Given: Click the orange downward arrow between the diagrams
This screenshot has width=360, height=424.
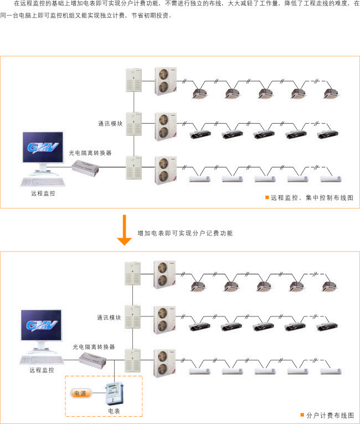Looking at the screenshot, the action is tap(124, 230).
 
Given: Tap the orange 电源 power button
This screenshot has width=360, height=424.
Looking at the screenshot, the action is tap(81, 394).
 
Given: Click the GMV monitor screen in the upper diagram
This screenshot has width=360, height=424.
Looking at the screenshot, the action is tap(43, 147).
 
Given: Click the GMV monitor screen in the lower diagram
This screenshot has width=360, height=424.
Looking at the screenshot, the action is tap(42, 325).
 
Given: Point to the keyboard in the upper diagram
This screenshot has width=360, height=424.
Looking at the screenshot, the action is tap(43, 182).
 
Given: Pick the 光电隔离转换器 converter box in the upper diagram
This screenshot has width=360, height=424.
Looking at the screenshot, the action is tap(85, 168).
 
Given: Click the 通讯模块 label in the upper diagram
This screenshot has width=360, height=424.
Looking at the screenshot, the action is tap(110, 124).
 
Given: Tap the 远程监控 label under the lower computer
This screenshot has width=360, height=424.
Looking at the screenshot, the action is tap(42, 370).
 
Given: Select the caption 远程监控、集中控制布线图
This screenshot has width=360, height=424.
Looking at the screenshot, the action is tap(312, 198).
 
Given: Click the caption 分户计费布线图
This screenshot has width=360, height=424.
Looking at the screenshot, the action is tap(330, 415).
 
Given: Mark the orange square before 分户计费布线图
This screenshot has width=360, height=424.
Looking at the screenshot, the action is tap(302, 415).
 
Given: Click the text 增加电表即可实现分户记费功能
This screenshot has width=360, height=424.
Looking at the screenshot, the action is tap(185, 233).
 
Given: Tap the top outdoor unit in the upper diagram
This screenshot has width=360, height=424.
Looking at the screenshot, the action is tap(166, 81).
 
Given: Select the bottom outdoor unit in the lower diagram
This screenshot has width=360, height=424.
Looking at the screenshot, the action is tap(164, 363).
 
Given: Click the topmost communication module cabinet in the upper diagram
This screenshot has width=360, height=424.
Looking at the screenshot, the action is tap(134, 80).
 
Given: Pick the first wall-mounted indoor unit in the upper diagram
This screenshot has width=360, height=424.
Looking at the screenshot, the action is tap(200, 178).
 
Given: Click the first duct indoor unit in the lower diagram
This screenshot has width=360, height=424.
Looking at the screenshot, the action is tap(199, 327).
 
